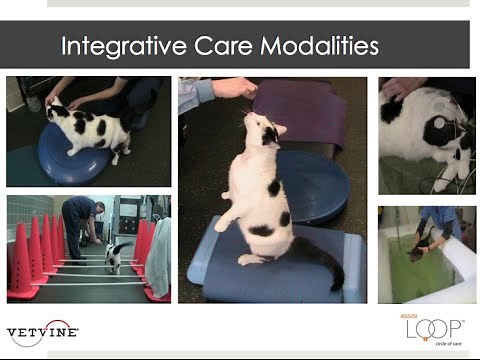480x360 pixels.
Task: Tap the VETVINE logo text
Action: coord(41,331)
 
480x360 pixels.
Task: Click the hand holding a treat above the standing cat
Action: coord(234,89)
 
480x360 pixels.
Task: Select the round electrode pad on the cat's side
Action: coord(434,131)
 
